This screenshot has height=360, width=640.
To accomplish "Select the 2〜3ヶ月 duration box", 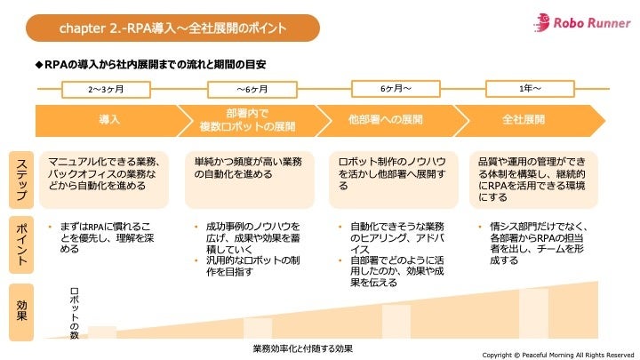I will tap(106, 89).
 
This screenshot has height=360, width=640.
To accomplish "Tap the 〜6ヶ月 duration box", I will tap(252, 89).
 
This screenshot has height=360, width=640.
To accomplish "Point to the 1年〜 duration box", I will tap(530, 88).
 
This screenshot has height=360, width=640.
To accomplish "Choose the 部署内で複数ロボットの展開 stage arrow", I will tap(247, 119).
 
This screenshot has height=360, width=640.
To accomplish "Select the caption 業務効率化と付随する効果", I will tap(302, 348).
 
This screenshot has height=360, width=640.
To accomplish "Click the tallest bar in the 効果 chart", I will tap(533, 313).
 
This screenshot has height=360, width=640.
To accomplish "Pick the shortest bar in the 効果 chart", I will tap(102, 332).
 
